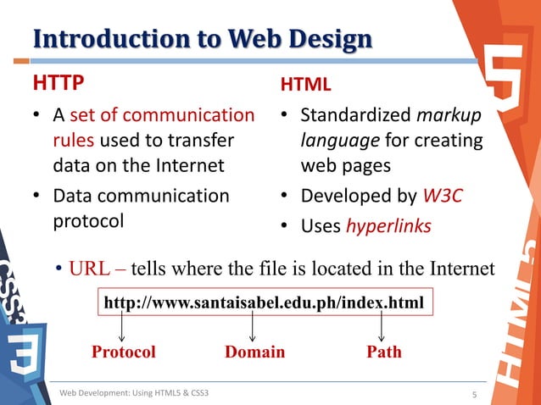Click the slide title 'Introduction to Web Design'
point(202,39)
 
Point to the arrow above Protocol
point(120,327)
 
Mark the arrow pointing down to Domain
point(253,327)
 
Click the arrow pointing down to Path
point(382,327)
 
